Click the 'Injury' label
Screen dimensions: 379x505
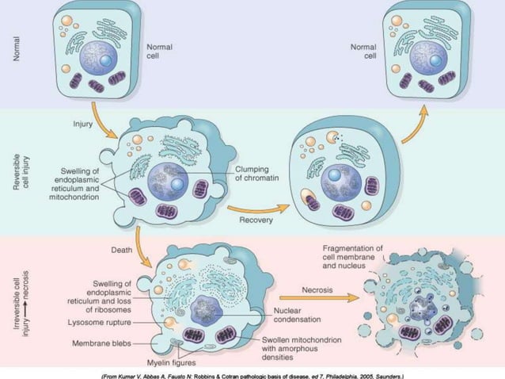(x=84, y=124)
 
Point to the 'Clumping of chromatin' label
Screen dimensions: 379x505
(x=254, y=174)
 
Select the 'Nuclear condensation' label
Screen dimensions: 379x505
(x=298, y=315)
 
